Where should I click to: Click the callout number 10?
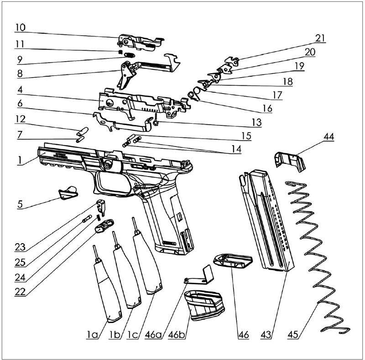point(20,27)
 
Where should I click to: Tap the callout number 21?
point(320,38)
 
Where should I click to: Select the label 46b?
point(177,334)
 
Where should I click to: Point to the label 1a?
point(92,334)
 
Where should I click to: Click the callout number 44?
point(329,136)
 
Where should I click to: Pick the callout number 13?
point(257,122)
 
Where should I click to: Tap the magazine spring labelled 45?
point(317,256)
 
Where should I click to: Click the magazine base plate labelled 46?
point(233,262)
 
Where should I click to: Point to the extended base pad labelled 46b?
point(204,305)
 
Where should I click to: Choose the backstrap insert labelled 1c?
point(147,258)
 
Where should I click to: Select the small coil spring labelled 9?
point(130,55)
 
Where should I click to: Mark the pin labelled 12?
point(83,131)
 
